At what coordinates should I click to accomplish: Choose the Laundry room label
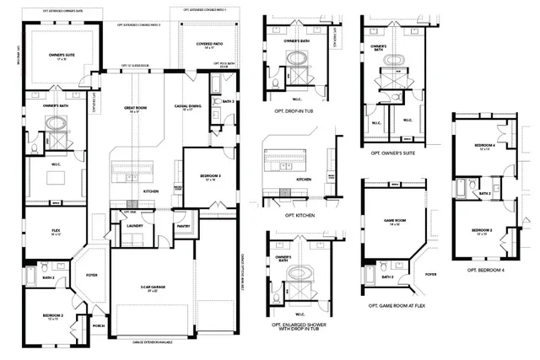point(132,226)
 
